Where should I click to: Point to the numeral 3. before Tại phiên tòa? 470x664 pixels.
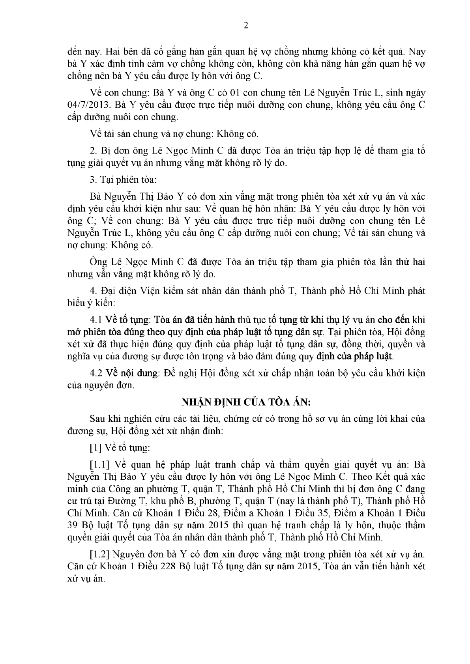[x=93, y=180]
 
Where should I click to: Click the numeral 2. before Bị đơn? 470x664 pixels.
[x=93, y=150]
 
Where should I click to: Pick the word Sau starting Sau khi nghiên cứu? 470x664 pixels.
[x=97, y=419]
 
